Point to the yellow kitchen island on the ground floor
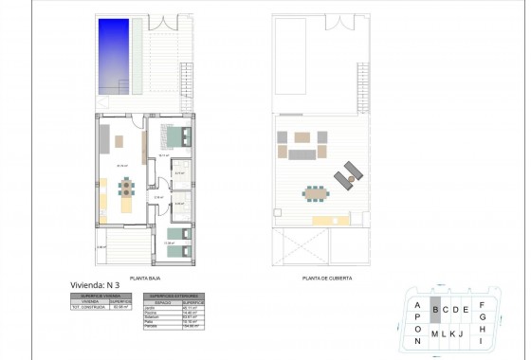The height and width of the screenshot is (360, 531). point(126,204)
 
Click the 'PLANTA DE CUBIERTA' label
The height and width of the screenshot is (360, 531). point(320,279)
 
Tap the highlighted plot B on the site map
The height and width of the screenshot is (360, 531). point(435,309)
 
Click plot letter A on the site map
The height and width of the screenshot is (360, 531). point(417,304)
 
